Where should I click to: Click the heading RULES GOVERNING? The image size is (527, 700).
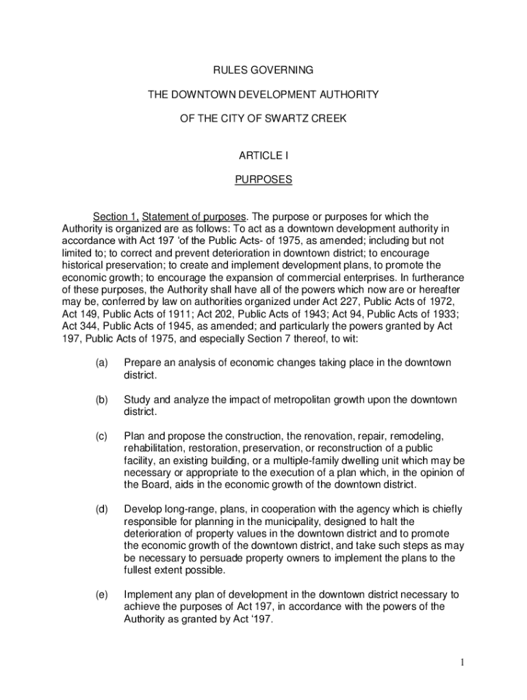[263, 70]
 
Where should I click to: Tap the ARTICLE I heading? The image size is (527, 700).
[263, 156]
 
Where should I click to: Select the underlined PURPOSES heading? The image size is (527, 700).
[263, 180]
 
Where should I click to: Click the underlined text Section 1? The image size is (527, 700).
[116, 217]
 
